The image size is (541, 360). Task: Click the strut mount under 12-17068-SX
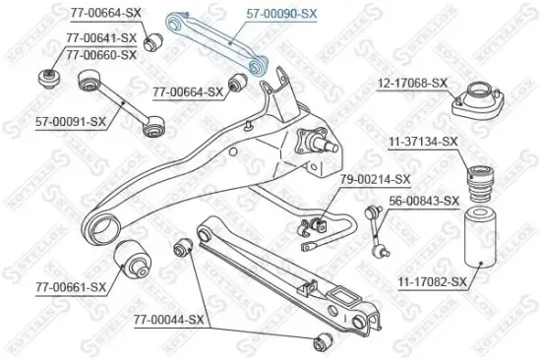[x=473, y=102]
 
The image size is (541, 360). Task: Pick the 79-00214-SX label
[x=375, y=180]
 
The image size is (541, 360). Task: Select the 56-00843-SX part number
[x=424, y=201]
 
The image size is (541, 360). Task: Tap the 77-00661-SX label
[x=70, y=287]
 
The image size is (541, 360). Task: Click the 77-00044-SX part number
[x=168, y=320]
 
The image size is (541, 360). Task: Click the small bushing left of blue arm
[x=153, y=43]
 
